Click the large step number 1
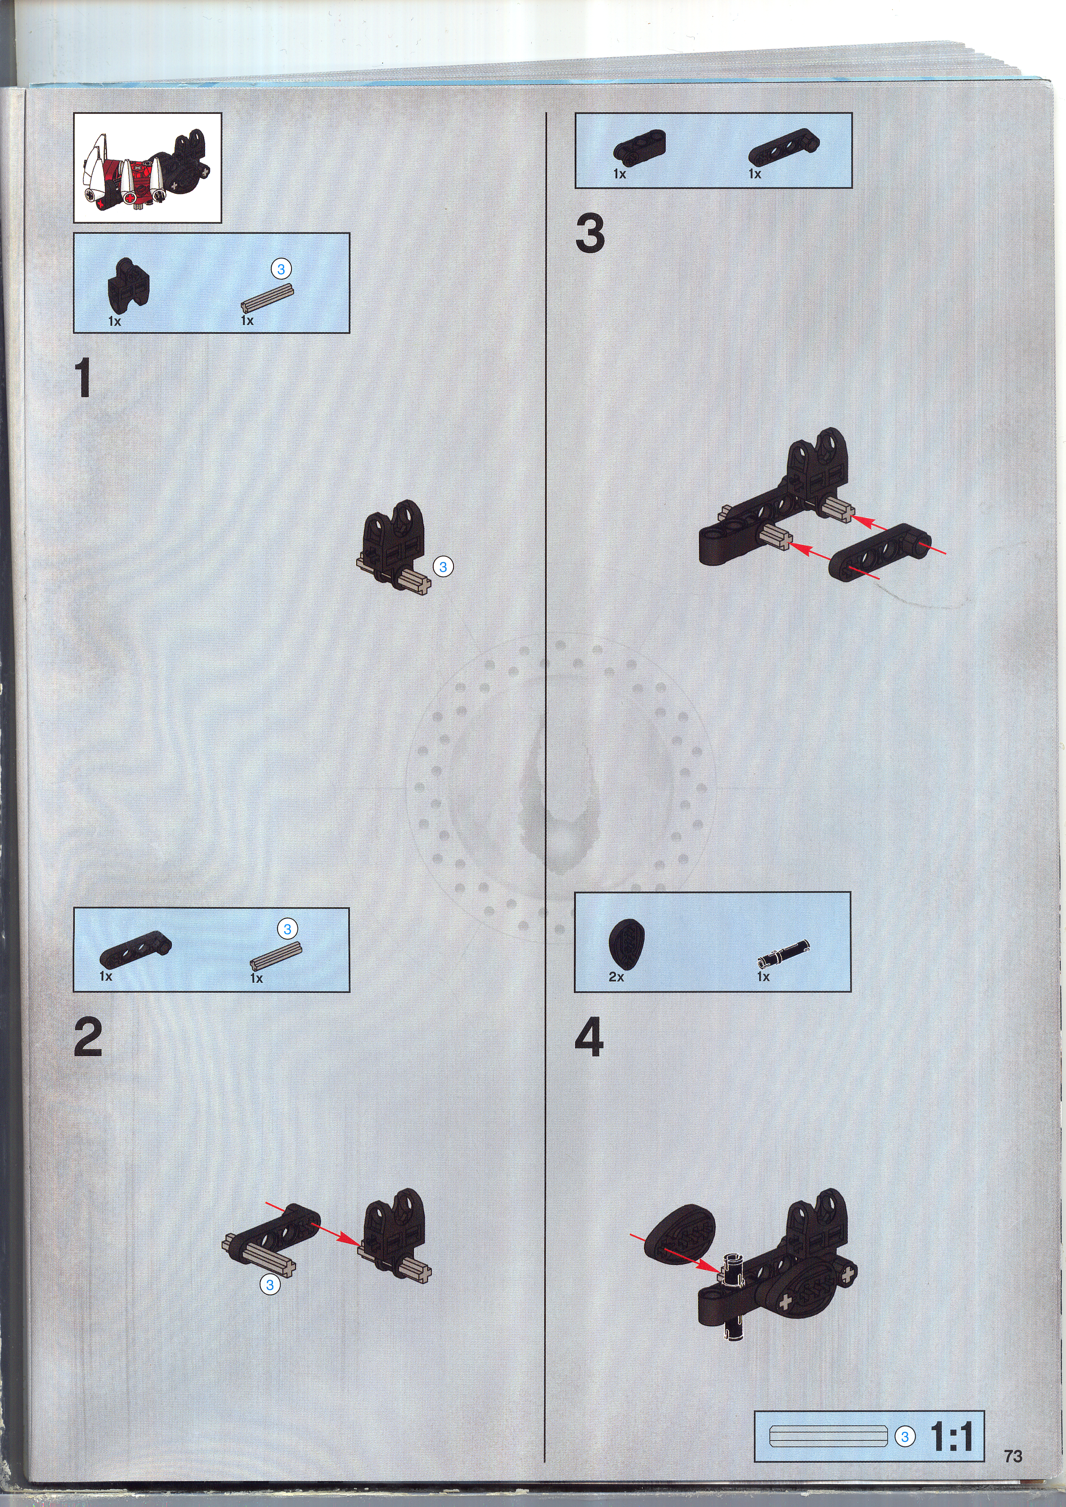(x=83, y=378)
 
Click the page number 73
(x=1013, y=1456)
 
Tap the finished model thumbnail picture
(x=148, y=168)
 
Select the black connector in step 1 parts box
(x=128, y=283)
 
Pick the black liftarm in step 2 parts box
(x=135, y=949)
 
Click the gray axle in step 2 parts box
(x=276, y=956)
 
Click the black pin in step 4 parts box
(x=783, y=954)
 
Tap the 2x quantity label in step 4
(x=616, y=977)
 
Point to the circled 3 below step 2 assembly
(x=270, y=1285)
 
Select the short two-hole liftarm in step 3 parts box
(x=639, y=147)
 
